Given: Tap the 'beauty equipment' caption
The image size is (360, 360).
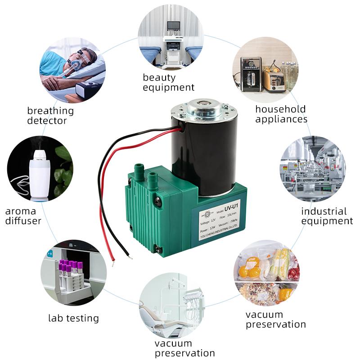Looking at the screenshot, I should (x=168, y=82).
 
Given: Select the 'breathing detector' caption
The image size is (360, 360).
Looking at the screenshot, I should (x=50, y=115).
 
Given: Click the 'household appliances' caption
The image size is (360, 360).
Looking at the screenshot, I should (x=281, y=114).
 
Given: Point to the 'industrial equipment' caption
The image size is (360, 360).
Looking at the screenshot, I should (x=327, y=216).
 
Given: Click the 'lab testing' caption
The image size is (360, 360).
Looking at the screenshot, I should (x=73, y=318).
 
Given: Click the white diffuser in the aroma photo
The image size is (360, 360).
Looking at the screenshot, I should (x=39, y=173).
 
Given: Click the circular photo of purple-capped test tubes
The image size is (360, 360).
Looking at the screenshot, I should (x=73, y=272).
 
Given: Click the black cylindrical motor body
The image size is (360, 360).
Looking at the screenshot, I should (x=205, y=148).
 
